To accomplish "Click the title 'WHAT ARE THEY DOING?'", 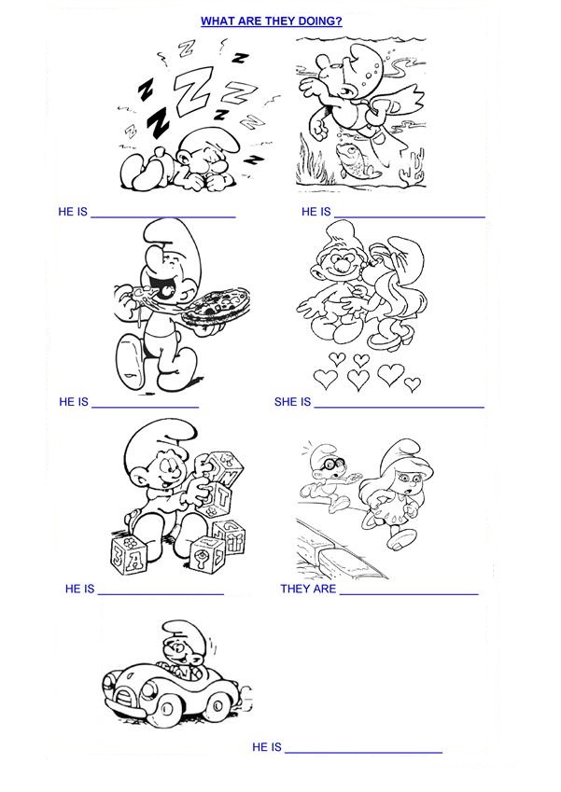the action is pyautogui.click(x=272, y=21).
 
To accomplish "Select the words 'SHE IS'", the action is pyautogui.click(x=292, y=402).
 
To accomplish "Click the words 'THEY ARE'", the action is pyautogui.click(x=308, y=589).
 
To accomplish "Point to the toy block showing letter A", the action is pyautogui.click(x=129, y=556).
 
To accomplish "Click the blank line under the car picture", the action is pyautogui.click(x=363, y=753).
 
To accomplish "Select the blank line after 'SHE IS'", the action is pyautogui.click(x=400, y=407).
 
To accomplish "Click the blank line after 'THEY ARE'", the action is pyautogui.click(x=409, y=594).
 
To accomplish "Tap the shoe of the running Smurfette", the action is pyautogui.click(x=400, y=538).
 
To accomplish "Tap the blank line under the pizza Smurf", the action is pyautogui.click(x=146, y=407).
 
